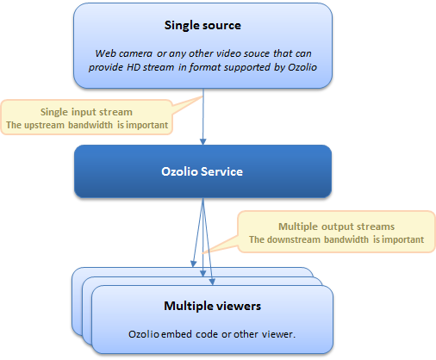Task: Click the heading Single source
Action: [x=202, y=26]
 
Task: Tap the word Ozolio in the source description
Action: [x=302, y=67]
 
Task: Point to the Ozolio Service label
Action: [x=202, y=171]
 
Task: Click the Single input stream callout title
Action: [x=86, y=112]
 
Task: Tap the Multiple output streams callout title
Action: [x=336, y=227]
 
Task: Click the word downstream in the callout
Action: [x=293, y=239]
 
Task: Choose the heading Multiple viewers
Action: [x=212, y=306]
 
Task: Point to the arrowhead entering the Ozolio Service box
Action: [x=203, y=141]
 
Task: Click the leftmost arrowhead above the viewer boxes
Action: [x=194, y=264]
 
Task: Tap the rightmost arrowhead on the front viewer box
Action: [x=212, y=282]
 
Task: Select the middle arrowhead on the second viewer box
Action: [x=203, y=273]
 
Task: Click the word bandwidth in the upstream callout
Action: [x=90, y=125]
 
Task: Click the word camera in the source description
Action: [x=136, y=53]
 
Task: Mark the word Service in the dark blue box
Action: [x=221, y=171]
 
